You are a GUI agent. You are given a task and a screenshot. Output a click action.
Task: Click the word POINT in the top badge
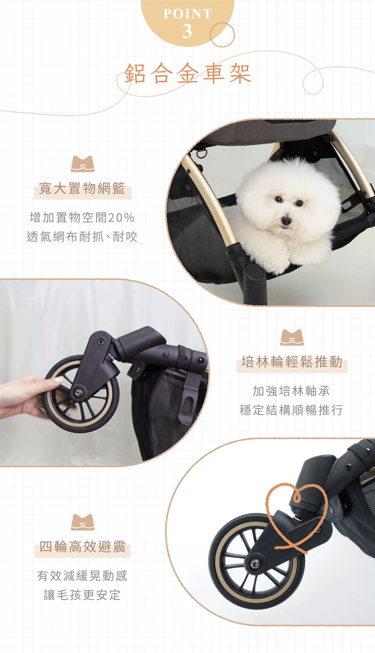pyautogui.click(x=187, y=14)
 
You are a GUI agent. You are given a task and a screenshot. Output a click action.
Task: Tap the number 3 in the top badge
pyautogui.click(x=187, y=31)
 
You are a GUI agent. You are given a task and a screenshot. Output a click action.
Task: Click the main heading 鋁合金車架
pyautogui.click(x=187, y=74)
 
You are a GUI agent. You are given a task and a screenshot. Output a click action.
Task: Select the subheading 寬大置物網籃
pyautogui.click(x=82, y=188)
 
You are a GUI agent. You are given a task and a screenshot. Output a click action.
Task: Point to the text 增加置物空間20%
pyautogui.click(x=82, y=217)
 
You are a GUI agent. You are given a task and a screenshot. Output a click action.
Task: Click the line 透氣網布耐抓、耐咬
pyautogui.click(x=82, y=237)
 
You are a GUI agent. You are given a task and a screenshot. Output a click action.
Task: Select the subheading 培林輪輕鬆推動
pyautogui.click(x=292, y=362)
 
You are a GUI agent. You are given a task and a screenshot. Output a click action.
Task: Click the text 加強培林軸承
pyautogui.click(x=291, y=391)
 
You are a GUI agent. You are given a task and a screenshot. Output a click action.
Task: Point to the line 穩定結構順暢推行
pyautogui.click(x=291, y=410)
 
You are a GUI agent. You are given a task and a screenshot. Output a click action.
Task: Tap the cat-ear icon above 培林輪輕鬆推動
pyautogui.click(x=292, y=337)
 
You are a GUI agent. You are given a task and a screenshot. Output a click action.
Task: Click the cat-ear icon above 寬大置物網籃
pyautogui.click(x=83, y=164)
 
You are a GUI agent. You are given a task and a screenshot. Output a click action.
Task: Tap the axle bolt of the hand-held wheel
pyautogui.click(x=78, y=393)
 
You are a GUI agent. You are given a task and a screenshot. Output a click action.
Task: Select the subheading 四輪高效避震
pyautogui.click(x=82, y=546)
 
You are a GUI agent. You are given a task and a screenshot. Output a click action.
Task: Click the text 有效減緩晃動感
pyautogui.click(x=82, y=576)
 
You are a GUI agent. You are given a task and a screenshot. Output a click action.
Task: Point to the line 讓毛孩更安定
pyautogui.click(x=82, y=595)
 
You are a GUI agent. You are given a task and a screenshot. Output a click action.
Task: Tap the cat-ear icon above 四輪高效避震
pyautogui.click(x=83, y=522)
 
